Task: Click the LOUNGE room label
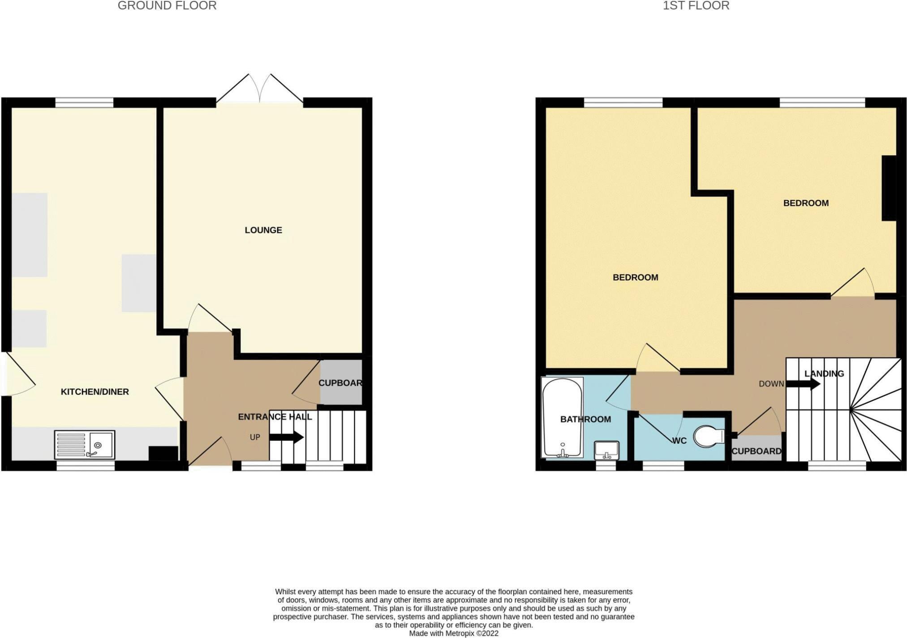(263, 230)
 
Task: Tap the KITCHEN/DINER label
(95, 391)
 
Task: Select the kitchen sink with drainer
(84, 445)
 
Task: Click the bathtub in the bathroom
(562, 417)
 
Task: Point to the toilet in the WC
(709, 436)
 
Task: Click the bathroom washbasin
(606, 450)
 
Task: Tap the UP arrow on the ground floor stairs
(287, 437)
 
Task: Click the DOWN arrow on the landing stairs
(803, 384)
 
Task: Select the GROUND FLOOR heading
(167, 6)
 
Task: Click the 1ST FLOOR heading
(696, 6)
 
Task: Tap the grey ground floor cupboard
(341, 383)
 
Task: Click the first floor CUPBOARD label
(756, 451)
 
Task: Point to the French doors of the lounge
(260, 89)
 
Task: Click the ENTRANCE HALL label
(275, 417)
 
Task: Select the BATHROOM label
(585, 419)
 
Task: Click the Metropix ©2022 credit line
(453, 633)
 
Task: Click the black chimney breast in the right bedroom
(889, 188)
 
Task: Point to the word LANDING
(824, 374)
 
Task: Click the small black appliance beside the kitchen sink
(163, 453)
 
